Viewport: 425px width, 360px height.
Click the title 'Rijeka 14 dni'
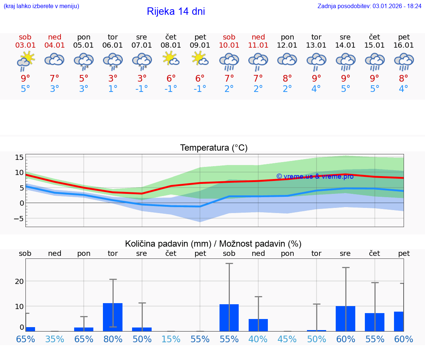click(x=176, y=11)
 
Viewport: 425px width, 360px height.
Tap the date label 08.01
click(x=171, y=45)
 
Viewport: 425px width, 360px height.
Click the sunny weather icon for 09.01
click(x=200, y=59)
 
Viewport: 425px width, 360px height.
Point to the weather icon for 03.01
click(x=25, y=61)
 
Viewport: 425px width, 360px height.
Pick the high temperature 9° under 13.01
click(x=316, y=78)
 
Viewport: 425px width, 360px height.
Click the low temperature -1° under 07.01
click(x=142, y=89)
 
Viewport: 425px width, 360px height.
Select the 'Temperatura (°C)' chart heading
click(x=214, y=148)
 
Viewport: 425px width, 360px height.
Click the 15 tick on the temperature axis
click(x=19, y=158)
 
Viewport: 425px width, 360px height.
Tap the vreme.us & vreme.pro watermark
click(x=315, y=176)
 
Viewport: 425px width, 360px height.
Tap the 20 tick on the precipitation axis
click(x=19, y=281)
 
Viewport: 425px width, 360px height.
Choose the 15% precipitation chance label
click(x=171, y=339)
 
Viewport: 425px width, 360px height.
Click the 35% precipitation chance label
click(x=55, y=339)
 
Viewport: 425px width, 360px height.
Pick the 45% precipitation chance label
click(x=287, y=339)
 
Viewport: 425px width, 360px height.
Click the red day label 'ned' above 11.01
click(x=258, y=37)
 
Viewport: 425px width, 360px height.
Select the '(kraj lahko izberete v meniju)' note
click(x=41, y=6)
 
